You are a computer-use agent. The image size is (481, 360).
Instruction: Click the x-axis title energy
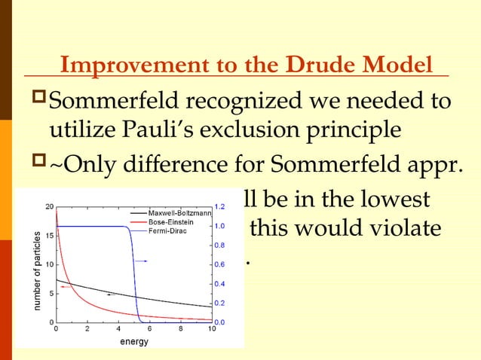click(134, 341)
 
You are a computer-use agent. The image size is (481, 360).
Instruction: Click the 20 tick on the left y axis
click(48, 206)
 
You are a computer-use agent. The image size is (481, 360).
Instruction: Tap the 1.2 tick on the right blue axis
click(221, 206)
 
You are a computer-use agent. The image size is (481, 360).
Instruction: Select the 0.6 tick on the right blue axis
click(221, 264)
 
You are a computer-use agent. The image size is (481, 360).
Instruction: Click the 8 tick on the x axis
click(180, 328)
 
